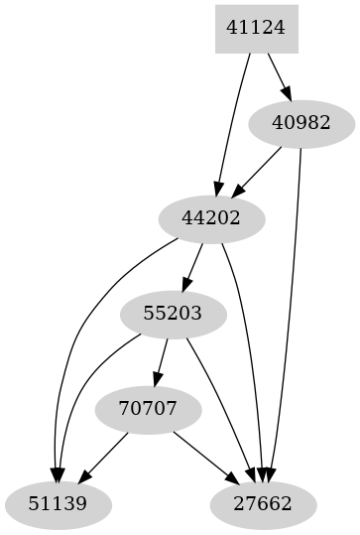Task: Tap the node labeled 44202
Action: click(x=211, y=218)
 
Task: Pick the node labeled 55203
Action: click(x=173, y=314)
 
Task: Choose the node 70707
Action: click(x=148, y=409)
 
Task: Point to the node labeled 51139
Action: click(x=58, y=504)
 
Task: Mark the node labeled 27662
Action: click(x=263, y=504)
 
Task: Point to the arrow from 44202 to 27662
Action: click(x=248, y=357)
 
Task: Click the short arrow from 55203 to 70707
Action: click(x=160, y=361)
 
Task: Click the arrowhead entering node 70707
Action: click(x=156, y=379)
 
